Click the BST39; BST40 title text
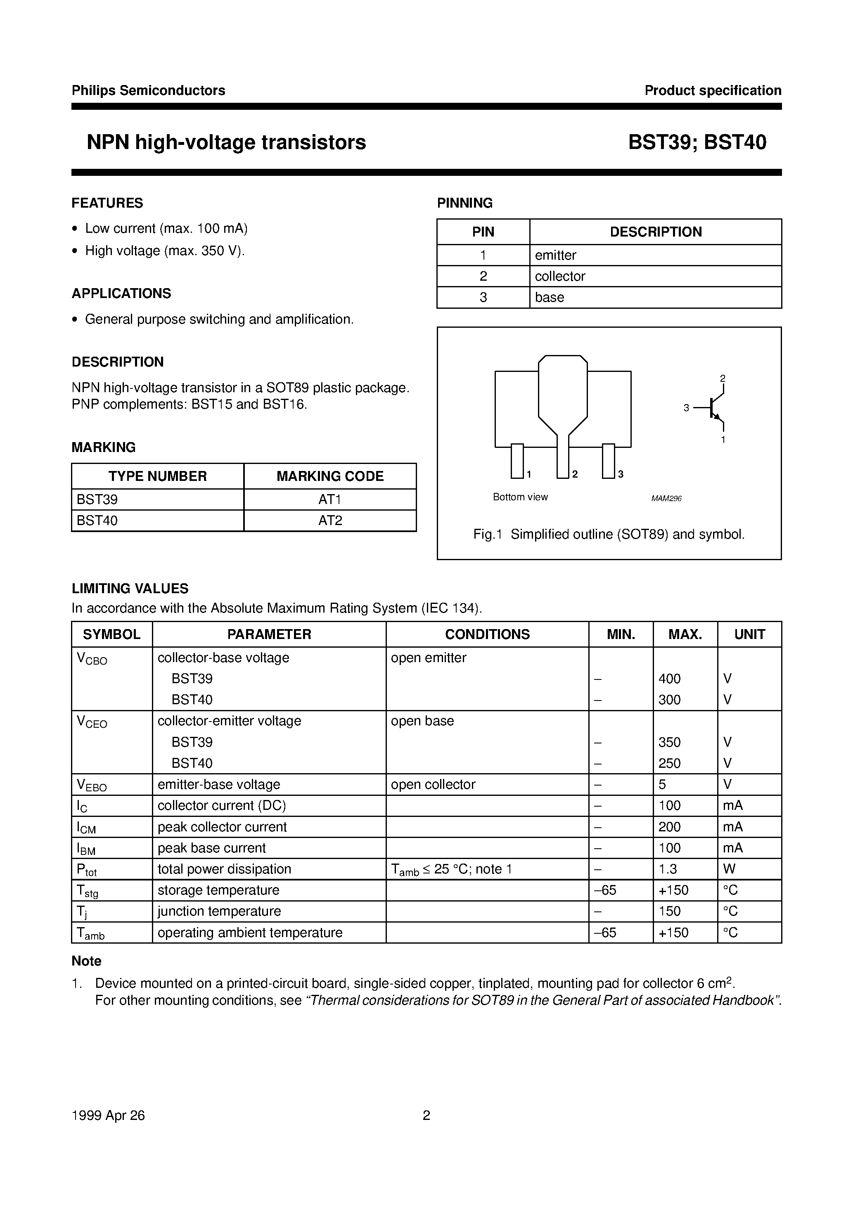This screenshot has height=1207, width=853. tap(697, 142)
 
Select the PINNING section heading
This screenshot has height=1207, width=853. tap(464, 203)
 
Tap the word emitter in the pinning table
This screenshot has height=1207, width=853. tap(555, 255)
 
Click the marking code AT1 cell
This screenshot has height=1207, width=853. tap(330, 499)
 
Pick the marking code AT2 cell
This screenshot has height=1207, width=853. tap(330, 521)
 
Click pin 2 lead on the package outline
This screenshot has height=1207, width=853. tap(562, 457)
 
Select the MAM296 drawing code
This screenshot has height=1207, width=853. tap(666, 498)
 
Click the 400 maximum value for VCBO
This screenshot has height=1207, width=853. tap(669, 679)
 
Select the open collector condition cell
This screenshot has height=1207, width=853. tap(433, 784)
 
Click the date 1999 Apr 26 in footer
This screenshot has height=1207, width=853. tap(108, 1115)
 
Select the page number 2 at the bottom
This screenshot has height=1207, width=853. tap(426, 1115)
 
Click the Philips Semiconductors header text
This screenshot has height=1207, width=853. tap(148, 90)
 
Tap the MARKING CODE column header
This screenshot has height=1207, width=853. tap(330, 476)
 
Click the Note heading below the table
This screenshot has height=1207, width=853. tap(86, 961)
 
